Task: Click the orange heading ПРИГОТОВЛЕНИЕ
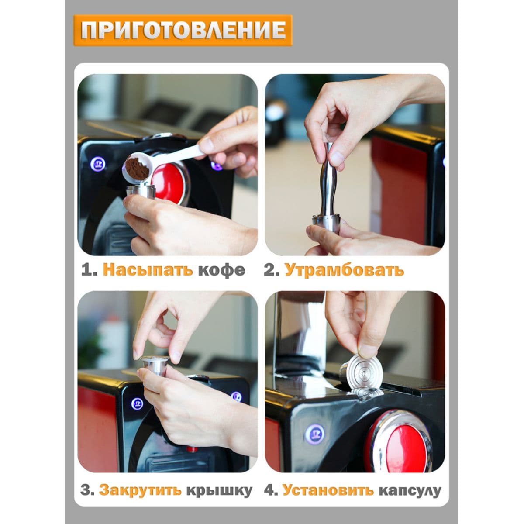pos(183,30)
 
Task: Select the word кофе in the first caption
pos(221,271)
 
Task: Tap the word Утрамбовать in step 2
pos(344,270)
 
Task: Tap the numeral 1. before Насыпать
pos(89,270)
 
